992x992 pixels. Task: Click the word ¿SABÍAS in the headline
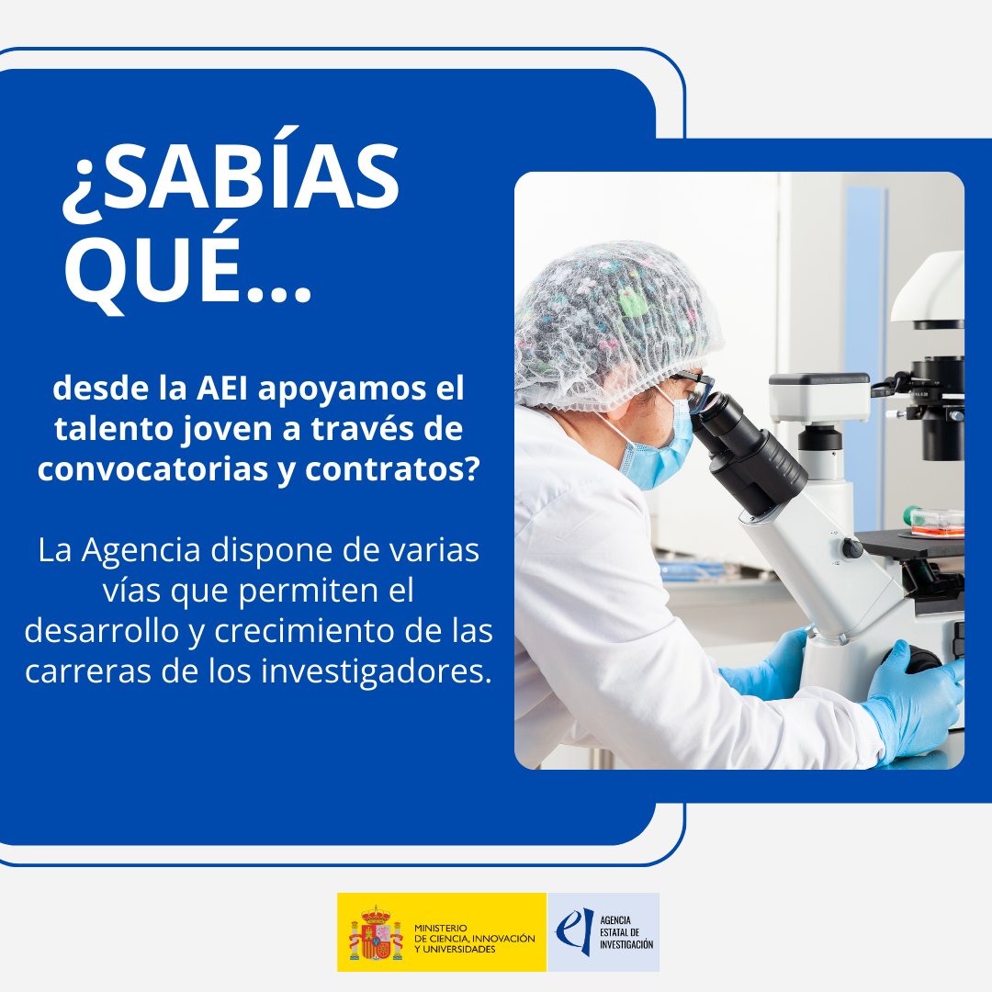pyautogui.click(x=231, y=182)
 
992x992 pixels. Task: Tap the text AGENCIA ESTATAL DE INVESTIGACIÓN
pyautogui.click(x=626, y=931)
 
